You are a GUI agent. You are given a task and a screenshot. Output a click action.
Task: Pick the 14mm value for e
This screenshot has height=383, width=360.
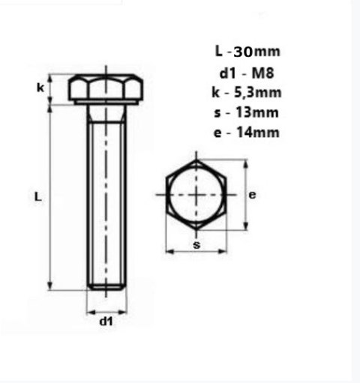[258, 133]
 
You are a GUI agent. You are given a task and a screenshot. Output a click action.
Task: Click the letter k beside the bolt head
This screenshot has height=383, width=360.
[40, 88]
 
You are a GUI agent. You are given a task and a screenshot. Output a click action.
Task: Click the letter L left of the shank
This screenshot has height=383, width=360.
[37, 196]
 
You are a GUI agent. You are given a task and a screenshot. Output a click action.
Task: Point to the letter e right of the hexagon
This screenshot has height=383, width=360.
[252, 194]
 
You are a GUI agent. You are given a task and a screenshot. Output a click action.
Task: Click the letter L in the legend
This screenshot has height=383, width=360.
[218, 52]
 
